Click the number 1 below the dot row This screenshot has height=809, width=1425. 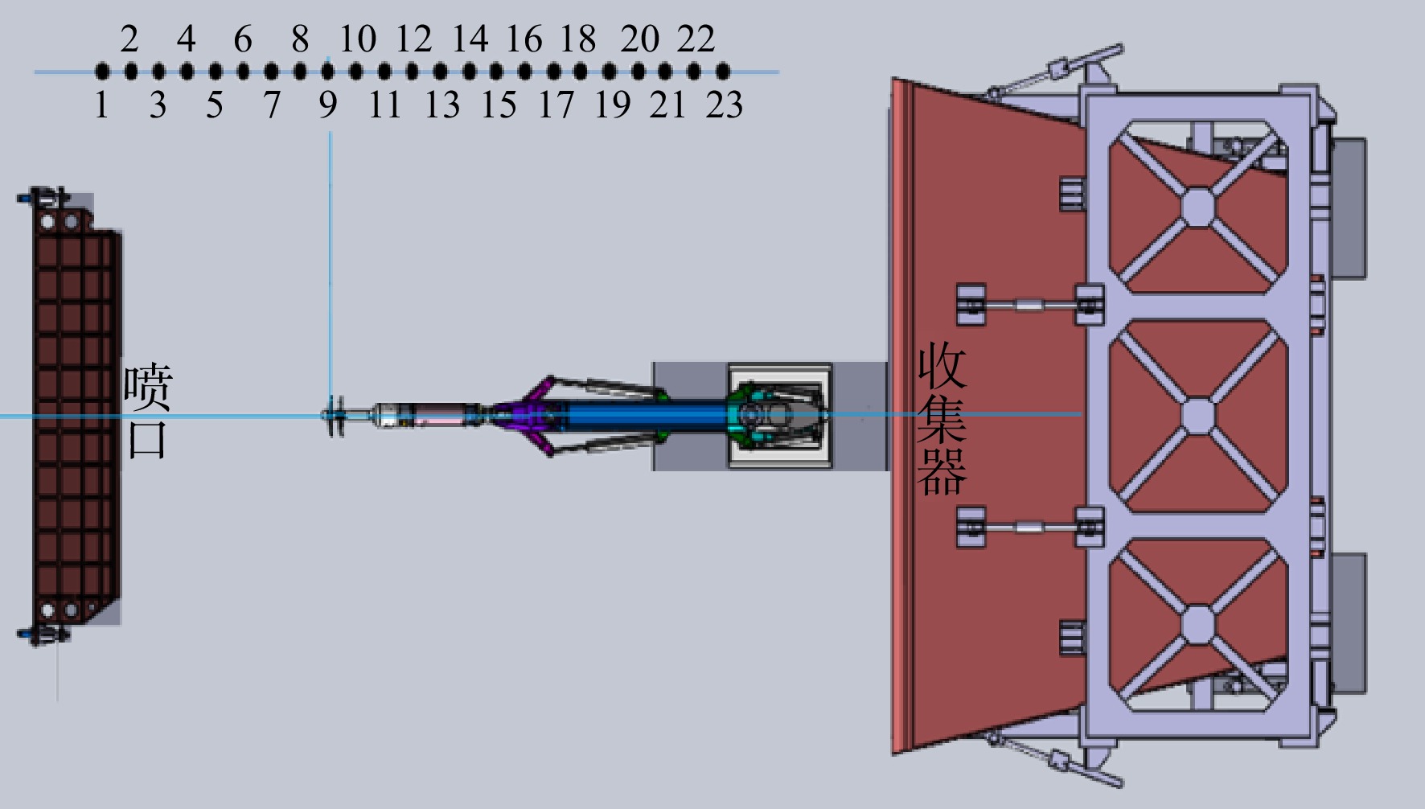pyautogui.click(x=101, y=105)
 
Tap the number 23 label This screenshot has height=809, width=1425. pyautogui.click(x=724, y=105)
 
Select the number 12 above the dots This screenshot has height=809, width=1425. pyautogui.click(x=413, y=39)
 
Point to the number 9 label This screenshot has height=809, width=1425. pyautogui.click(x=327, y=105)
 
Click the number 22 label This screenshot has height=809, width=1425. pyautogui.click(x=696, y=39)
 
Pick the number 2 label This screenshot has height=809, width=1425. pyautogui.click(x=129, y=39)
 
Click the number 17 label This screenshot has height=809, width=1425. pyautogui.click(x=556, y=105)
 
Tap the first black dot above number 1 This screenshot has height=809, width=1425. pyautogui.click(x=102, y=72)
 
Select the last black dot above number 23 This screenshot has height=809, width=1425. pyautogui.click(x=723, y=72)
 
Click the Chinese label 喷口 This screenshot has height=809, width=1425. pyautogui.click(x=147, y=412)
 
